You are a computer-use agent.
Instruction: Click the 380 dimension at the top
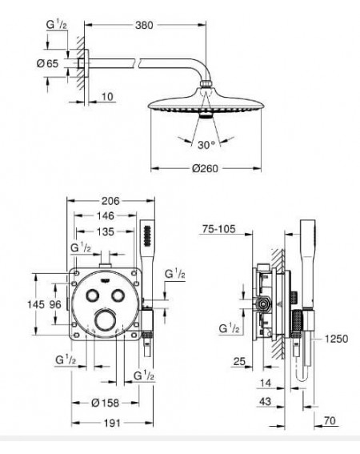tap(144, 25)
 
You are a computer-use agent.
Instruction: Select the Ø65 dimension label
tap(48, 63)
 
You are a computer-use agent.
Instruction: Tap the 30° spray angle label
tap(206, 145)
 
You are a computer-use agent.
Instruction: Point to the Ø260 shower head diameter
tap(205, 168)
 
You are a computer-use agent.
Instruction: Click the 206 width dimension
tap(110, 201)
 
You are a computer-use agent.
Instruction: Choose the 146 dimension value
tap(106, 215)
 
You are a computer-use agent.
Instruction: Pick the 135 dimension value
tap(106, 231)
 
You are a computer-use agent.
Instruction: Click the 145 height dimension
tap(36, 304)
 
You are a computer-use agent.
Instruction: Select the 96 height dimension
tap(55, 304)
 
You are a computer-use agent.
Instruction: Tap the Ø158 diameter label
tap(106, 403)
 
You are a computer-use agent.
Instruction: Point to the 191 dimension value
tap(112, 423)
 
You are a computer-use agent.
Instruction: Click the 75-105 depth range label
tap(218, 229)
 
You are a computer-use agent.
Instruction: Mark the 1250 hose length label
tap(336, 339)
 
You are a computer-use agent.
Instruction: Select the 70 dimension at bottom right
tap(330, 420)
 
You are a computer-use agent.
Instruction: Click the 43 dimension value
tap(265, 401)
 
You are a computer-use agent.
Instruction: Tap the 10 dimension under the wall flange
tap(107, 96)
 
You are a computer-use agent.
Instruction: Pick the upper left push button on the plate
tap(93, 295)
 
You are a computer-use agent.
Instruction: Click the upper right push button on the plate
tap(118, 295)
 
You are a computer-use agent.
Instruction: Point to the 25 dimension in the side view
tap(239, 361)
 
